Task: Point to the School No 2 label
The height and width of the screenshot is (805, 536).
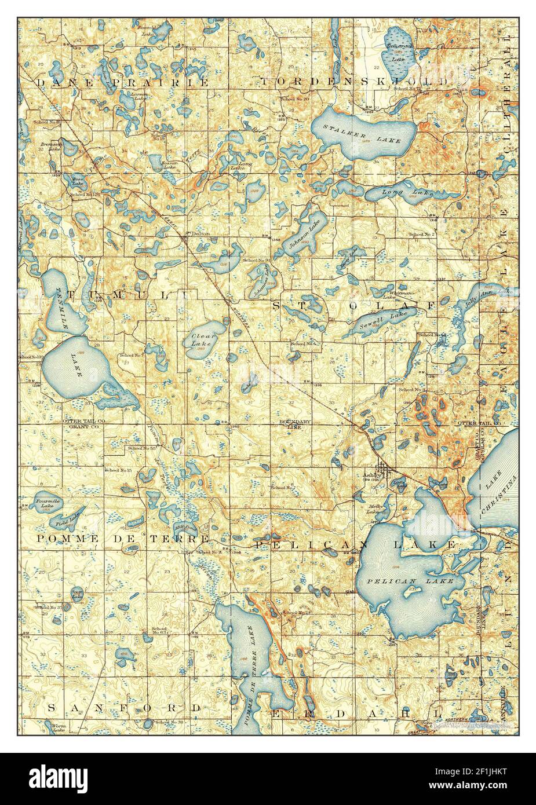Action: tap(422, 234)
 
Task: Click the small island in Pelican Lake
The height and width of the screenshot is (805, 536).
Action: tap(413, 591)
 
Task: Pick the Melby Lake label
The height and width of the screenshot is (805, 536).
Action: tap(374, 509)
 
